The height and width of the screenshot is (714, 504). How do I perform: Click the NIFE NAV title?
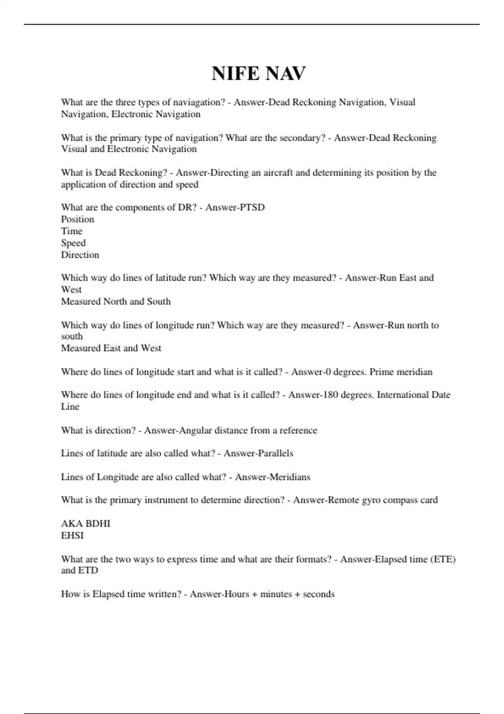tap(259, 73)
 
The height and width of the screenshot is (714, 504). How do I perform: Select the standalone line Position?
tap(78, 219)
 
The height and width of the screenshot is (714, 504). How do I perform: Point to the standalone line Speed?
tap(73, 243)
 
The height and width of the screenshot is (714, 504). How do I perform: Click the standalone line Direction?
tap(80, 255)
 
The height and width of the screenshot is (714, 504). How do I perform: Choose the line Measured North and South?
tap(116, 302)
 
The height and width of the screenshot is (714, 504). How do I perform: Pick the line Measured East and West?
tap(111, 348)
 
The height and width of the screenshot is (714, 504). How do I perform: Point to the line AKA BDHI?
tap(86, 524)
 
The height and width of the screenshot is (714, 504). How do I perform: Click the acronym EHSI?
tap(72, 535)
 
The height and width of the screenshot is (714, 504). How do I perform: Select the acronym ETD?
tap(88, 570)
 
